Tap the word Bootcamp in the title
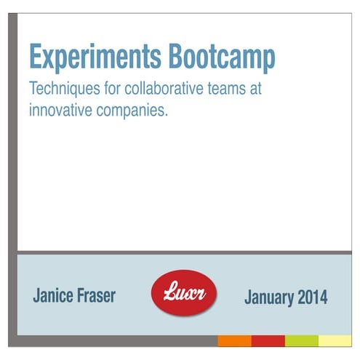tap(222, 57)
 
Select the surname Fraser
tap(96, 295)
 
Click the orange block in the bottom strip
tap(234, 340)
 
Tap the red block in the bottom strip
tap(268, 340)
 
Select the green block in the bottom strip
tap(301, 340)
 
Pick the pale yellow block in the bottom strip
tap(335, 340)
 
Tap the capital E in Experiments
tap(35, 56)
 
